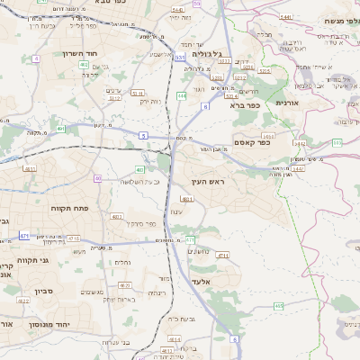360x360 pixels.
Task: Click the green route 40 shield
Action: tap(97, 178)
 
